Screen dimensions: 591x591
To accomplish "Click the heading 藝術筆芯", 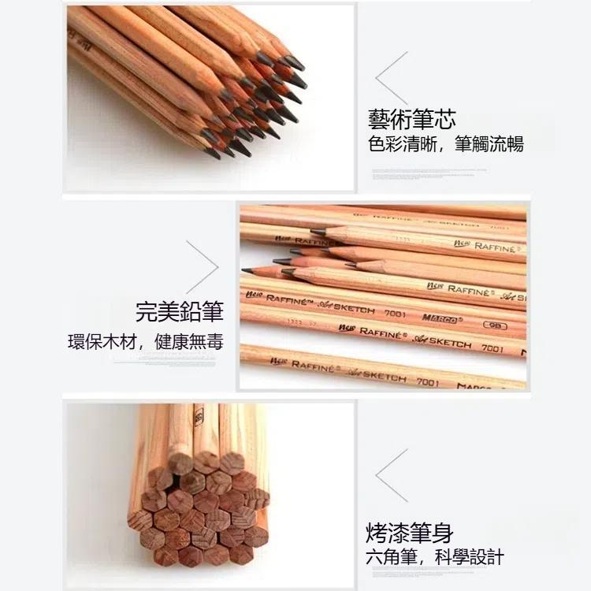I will (411, 119).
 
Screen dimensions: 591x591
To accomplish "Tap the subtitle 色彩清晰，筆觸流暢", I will (445, 145).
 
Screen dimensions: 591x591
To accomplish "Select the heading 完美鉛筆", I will (180, 311).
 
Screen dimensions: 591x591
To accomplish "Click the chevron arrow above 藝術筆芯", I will (392, 78).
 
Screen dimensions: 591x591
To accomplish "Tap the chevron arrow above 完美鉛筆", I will (202, 266).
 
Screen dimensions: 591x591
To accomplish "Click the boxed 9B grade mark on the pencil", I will (495, 325).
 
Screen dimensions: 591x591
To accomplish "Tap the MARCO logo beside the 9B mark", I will (440, 318).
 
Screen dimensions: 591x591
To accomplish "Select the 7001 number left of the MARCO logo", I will (395, 312).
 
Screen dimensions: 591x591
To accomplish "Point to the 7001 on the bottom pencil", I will (427, 382).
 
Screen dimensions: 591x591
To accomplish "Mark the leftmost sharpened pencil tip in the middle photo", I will (247, 270).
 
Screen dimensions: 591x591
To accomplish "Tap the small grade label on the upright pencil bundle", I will (199, 417).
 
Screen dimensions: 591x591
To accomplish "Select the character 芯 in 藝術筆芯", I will (444, 119).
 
